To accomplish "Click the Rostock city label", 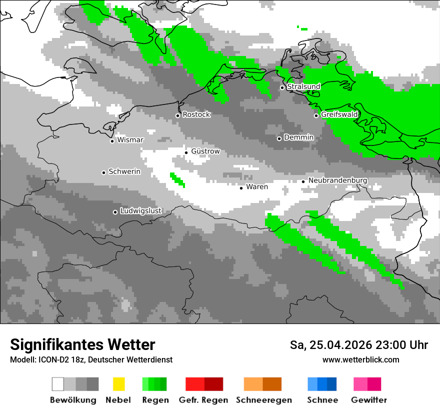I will pyautogui.click(x=196, y=114).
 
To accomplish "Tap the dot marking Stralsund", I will pyautogui.click(x=282, y=87).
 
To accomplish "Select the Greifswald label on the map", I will pyautogui.click(x=339, y=114).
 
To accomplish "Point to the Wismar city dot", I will pyautogui.click(x=112, y=141).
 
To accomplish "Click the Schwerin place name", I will pyautogui.click(x=124, y=171).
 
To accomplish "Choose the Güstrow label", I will pyautogui.click(x=205, y=151).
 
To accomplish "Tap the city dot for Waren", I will pyautogui.click(x=241, y=188).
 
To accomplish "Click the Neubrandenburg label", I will pyautogui.click(x=337, y=180).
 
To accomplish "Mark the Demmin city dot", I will pyautogui.click(x=279, y=138).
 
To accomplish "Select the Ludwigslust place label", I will pyautogui.click(x=140, y=211).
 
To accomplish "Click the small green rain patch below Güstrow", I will pyautogui.click(x=177, y=179).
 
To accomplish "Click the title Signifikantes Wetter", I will pyautogui.click(x=82, y=344).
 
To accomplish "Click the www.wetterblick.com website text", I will pyautogui.click(x=360, y=359).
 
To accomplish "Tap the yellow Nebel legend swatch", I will pyautogui.click(x=118, y=384).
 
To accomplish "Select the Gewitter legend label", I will pyautogui.click(x=369, y=400).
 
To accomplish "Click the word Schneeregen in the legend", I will pyautogui.click(x=263, y=400).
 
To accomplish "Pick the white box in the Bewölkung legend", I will pyautogui.click(x=58, y=384).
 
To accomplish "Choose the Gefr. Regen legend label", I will pyautogui.click(x=203, y=400).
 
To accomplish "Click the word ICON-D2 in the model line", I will pyautogui.click(x=51, y=360).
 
